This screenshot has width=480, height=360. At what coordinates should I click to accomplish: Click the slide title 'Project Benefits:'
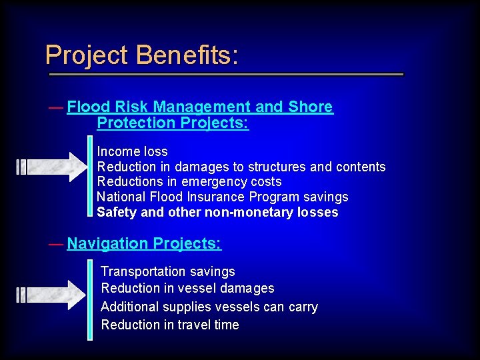point(141,55)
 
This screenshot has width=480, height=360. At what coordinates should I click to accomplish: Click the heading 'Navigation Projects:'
point(144,244)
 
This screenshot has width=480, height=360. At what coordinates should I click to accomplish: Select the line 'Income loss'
point(132,152)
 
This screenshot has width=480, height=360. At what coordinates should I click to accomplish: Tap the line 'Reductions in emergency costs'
point(189,182)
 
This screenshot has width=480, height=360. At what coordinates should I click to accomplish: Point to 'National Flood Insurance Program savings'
point(222,197)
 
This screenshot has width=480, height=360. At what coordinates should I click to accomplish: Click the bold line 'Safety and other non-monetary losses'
point(217,213)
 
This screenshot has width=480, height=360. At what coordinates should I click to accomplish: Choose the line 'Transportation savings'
point(167,272)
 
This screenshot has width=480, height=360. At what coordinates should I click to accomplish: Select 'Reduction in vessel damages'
point(187,289)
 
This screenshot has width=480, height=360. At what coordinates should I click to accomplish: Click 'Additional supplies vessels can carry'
point(209,307)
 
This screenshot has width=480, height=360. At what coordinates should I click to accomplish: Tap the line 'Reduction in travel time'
point(169,325)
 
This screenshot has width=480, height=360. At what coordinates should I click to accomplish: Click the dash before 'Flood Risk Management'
point(56,107)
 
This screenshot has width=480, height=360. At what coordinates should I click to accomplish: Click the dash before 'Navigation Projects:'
point(56,244)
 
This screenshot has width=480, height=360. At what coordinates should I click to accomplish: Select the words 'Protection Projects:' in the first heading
point(173,123)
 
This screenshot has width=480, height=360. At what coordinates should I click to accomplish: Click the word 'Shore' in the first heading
point(311,107)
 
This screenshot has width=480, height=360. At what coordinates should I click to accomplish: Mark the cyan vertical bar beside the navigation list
point(90,299)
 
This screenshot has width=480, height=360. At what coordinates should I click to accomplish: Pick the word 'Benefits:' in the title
point(187,55)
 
